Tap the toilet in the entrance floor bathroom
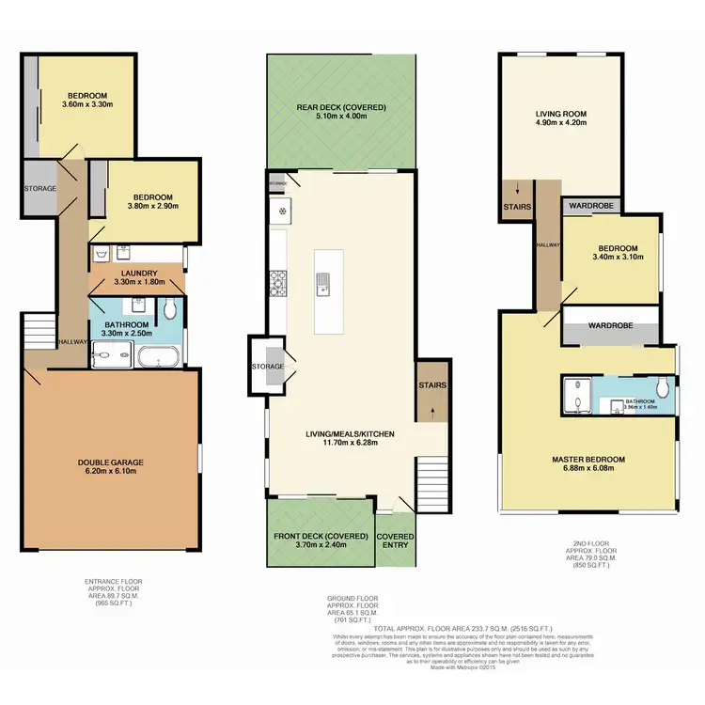tap(169, 308)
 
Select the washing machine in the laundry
tap(102, 254)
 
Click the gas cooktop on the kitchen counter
tap(278, 278)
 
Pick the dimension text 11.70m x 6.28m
tap(348, 444)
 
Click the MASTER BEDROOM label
tap(587, 459)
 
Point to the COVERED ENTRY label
tap(395, 540)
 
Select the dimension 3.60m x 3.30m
tap(86, 106)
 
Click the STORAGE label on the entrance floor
tap(39, 189)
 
